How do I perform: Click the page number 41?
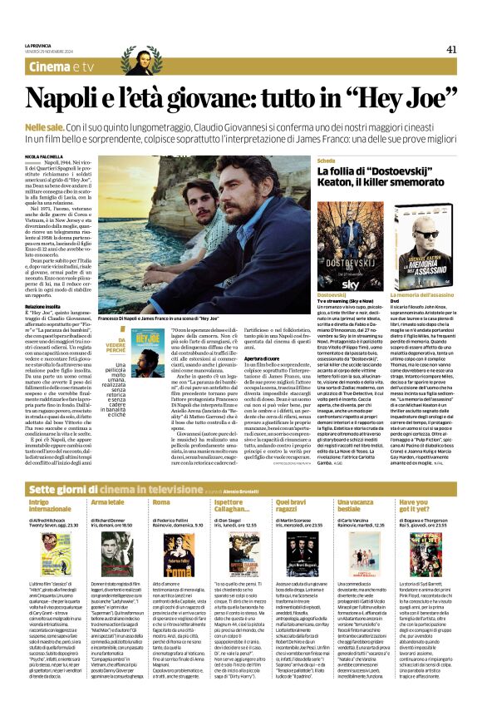[x=451, y=49]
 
